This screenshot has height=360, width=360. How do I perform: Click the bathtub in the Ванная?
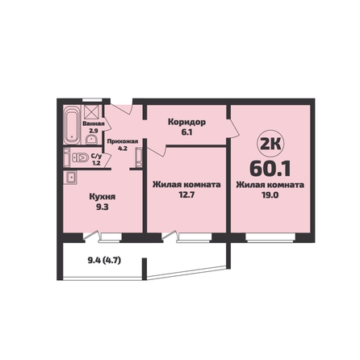point(73,125)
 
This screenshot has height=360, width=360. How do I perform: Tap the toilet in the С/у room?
point(80,157)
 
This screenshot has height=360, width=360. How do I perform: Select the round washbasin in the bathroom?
point(91,140)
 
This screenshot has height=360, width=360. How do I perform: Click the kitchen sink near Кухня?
point(70,178)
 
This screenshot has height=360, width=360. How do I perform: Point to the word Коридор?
point(187,122)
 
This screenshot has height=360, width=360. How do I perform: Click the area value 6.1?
point(186,132)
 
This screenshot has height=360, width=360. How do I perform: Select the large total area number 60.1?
point(270,169)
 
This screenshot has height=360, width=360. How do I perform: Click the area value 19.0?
point(270,195)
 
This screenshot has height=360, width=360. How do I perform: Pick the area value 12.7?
point(186,195)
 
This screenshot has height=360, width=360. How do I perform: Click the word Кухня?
point(103,197)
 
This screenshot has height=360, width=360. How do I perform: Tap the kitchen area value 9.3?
point(103,207)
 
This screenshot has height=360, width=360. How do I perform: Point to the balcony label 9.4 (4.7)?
point(104,260)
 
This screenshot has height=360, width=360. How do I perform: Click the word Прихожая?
point(123,141)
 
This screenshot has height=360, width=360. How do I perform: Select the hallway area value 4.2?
point(123,149)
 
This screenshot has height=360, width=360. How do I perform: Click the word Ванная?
point(94,124)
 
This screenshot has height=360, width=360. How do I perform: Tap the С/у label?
point(96,156)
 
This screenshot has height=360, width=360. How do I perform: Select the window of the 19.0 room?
point(270,238)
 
